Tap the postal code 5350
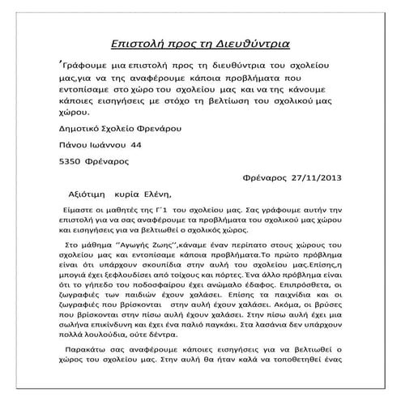[x=75, y=159]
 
